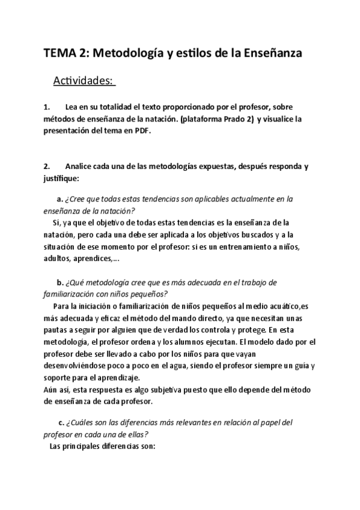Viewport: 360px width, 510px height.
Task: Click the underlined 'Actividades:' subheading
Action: click(84, 80)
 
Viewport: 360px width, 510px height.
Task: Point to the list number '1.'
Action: click(47, 107)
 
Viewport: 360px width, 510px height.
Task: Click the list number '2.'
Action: click(47, 166)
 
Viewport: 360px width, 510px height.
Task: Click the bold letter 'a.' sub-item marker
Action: click(60, 198)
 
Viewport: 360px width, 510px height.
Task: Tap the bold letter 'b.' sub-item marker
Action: click(60, 282)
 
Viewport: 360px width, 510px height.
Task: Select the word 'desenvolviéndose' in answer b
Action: click(77, 365)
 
